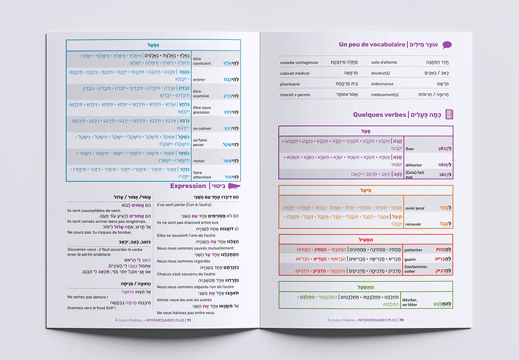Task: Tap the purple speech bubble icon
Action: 447,45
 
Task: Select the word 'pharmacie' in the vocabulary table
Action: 290,84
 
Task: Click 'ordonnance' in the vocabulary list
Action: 382,84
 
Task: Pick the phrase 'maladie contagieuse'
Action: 299,63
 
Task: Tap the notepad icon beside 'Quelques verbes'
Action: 449,114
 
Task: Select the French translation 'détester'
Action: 413,165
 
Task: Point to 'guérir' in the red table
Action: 410,260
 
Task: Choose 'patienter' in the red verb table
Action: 413,250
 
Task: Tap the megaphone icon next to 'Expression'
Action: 234,186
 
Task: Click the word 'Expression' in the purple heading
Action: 188,186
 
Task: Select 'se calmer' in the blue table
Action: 201,128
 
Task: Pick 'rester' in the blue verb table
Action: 199,161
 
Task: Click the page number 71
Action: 188,320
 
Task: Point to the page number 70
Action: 401,320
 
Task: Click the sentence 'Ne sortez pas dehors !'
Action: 85,297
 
